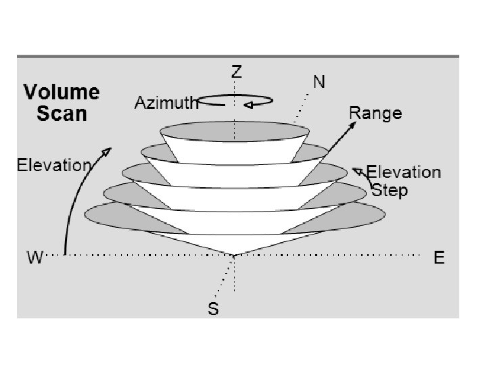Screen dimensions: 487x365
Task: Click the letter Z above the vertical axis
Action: (x=237, y=72)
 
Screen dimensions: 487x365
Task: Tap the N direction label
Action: (x=319, y=82)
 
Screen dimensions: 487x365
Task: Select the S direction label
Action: (x=213, y=309)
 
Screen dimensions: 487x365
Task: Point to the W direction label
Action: (x=34, y=258)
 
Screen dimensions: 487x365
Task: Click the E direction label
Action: (x=439, y=258)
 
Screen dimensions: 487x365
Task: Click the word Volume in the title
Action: (x=62, y=93)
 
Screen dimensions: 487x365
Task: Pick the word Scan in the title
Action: (x=62, y=114)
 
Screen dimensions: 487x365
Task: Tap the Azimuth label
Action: (x=166, y=103)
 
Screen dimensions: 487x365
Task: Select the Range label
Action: (x=375, y=114)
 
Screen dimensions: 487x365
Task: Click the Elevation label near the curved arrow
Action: (x=53, y=165)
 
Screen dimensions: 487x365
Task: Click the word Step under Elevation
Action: (x=390, y=191)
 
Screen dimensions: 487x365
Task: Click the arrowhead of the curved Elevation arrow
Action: (x=107, y=149)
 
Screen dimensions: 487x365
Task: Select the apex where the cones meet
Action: (x=234, y=255)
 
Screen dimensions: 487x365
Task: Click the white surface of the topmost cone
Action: (x=234, y=150)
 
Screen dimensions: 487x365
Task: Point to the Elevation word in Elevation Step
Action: (x=404, y=173)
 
